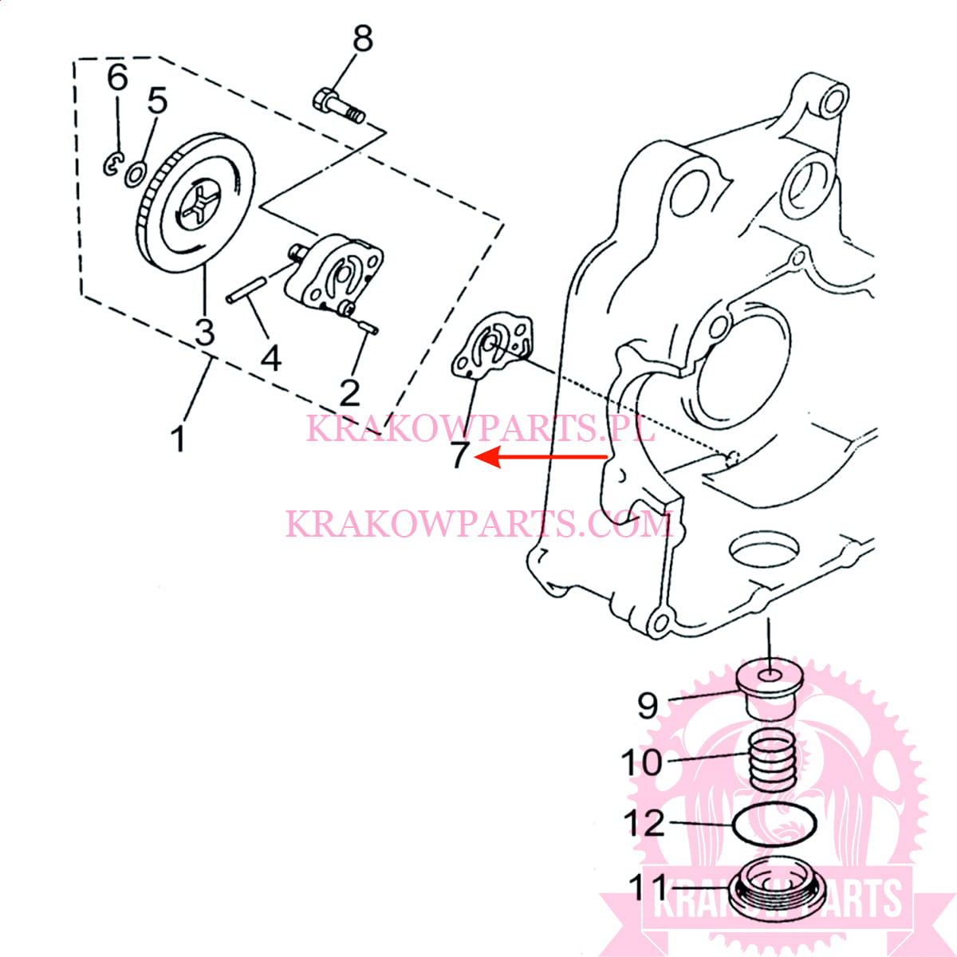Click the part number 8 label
363,37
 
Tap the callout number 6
117,77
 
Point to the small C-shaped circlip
112,164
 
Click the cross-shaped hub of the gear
196,208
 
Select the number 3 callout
204,330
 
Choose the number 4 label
271,358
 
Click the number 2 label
349,392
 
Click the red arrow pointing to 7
542,457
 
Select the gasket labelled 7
492,345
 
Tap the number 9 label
648,705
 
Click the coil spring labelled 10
771,763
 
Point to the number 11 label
648,886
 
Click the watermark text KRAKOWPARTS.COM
478,524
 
